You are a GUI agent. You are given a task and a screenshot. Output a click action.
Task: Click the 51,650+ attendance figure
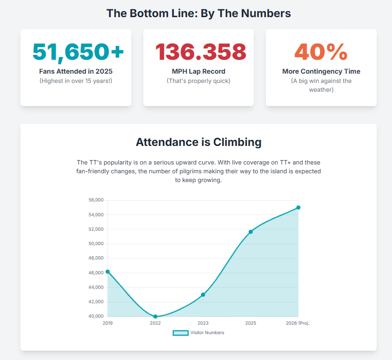coord(78,51)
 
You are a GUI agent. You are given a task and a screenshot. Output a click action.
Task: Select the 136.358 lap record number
coord(200,51)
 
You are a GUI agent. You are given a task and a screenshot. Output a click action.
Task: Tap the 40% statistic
coord(321,51)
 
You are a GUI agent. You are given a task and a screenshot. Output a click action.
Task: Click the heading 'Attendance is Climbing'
coord(199,142)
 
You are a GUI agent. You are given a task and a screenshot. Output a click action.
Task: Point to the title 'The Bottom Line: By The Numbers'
coord(199,13)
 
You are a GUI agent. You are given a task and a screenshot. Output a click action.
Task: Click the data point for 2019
coord(108,272)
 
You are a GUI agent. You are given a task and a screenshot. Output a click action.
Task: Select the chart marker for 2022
coord(155,316)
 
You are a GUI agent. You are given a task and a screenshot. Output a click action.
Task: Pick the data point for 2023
coord(203,295)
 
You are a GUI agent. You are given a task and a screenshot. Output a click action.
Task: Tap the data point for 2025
coord(251,232)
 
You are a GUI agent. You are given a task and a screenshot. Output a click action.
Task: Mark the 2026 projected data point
coord(298,208)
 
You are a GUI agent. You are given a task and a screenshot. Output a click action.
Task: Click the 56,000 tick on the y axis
coord(96,200)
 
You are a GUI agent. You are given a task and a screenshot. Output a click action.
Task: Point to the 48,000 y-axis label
coord(96,259)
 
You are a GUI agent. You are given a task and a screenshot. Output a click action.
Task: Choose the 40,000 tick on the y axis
coord(96,316)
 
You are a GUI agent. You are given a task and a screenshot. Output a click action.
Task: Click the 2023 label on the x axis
coord(203,323)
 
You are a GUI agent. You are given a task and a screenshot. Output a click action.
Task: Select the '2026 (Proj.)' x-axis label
coord(298,323)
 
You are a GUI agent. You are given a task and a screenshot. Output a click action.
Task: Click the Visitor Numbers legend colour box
coord(180,333)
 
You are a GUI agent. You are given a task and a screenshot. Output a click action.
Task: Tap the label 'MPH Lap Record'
coord(199,72)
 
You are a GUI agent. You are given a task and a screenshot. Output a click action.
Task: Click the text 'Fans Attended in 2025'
coord(76,72)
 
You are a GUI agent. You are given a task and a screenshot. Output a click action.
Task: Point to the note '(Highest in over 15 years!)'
coord(76,81)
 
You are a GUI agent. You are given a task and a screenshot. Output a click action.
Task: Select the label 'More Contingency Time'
coord(321,72)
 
